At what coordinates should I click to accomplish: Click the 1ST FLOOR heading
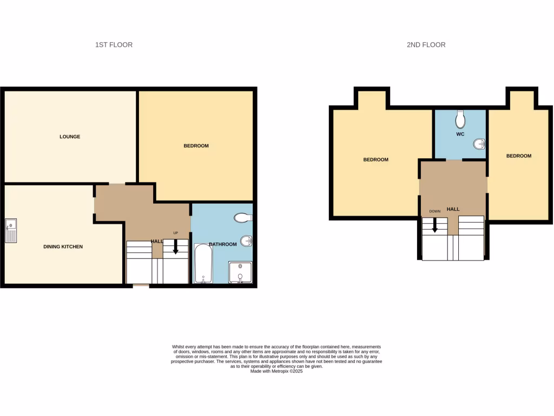pyautogui.click(x=114, y=44)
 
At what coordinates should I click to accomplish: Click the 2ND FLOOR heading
pyautogui.click(x=426, y=44)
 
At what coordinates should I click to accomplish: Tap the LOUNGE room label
pyautogui.click(x=70, y=136)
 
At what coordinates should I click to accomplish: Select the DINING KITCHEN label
pyautogui.click(x=63, y=246)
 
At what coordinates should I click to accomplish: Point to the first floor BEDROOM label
pyautogui.click(x=196, y=146)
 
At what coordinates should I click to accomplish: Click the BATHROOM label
pyautogui.click(x=223, y=244)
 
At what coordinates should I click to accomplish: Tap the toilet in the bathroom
pyautogui.click(x=243, y=218)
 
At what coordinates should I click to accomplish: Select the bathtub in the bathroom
pyautogui.click(x=203, y=263)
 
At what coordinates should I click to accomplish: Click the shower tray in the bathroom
pyautogui.click(x=240, y=272)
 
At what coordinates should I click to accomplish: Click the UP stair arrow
pyautogui.click(x=175, y=247)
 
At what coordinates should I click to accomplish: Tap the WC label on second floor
pyautogui.click(x=460, y=134)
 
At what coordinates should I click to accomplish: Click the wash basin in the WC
pyautogui.click(x=479, y=144)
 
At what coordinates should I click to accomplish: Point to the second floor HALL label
pyautogui.click(x=453, y=209)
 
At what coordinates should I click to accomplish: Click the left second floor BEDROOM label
pyautogui.click(x=375, y=159)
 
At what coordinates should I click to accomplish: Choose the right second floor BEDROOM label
pyautogui.click(x=518, y=156)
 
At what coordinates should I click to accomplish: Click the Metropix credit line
pyautogui.click(x=276, y=371)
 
